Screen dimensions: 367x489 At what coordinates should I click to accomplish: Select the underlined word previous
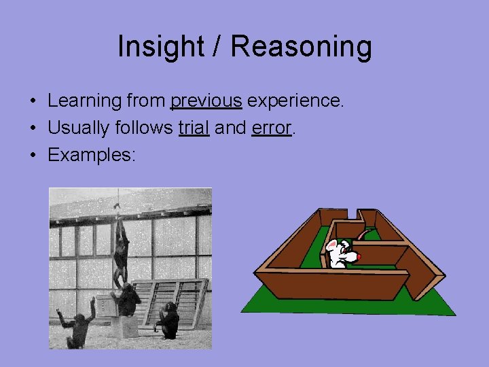point(206,101)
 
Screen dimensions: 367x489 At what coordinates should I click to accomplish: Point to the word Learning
point(84,101)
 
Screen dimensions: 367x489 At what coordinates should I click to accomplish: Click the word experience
point(295,101)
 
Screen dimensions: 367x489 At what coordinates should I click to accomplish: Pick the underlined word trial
point(194,128)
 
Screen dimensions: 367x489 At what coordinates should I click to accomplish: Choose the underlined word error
point(271,128)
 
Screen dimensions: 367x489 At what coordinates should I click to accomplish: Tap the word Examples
point(91,154)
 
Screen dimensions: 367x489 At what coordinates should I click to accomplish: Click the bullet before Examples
point(33,155)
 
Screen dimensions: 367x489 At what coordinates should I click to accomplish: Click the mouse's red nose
point(360,258)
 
